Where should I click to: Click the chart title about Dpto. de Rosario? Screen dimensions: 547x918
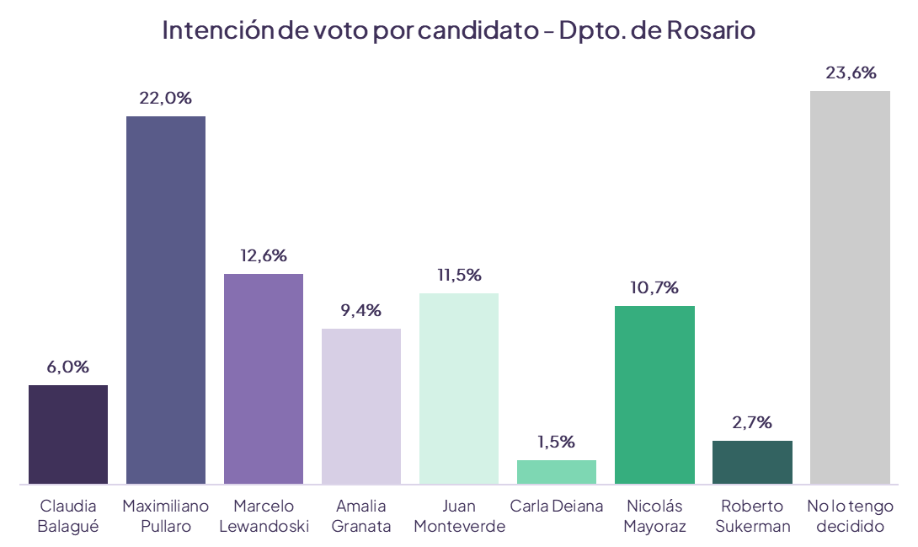click(x=458, y=30)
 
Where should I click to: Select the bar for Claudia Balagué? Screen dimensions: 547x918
click(x=68, y=434)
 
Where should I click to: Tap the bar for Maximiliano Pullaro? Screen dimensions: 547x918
click(x=166, y=299)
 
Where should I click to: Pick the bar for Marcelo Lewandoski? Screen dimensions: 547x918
click(x=264, y=378)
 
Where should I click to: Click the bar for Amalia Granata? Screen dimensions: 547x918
click(x=361, y=405)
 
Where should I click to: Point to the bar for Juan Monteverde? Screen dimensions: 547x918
click(x=459, y=388)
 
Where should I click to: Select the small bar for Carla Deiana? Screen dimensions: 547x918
click(x=557, y=471)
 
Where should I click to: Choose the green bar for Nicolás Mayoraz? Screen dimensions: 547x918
click(x=654, y=394)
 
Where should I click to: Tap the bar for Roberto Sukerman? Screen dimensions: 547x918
click(x=752, y=462)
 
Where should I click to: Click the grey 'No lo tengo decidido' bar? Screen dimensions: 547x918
click(x=850, y=287)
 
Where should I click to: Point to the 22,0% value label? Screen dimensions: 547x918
click(x=166, y=99)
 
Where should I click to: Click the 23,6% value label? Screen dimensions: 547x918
click(x=851, y=73)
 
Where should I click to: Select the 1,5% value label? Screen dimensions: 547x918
click(x=557, y=442)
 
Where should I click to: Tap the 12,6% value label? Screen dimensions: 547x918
click(x=264, y=255)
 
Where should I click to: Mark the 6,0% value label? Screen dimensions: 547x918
click(x=68, y=367)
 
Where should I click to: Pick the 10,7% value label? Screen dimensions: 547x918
click(x=654, y=287)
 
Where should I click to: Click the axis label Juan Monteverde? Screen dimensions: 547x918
click(x=459, y=516)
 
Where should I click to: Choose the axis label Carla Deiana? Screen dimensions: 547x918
click(x=557, y=507)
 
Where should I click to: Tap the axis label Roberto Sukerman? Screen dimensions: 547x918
click(x=752, y=516)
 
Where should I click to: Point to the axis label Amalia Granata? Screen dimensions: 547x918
click(x=361, y=516)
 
